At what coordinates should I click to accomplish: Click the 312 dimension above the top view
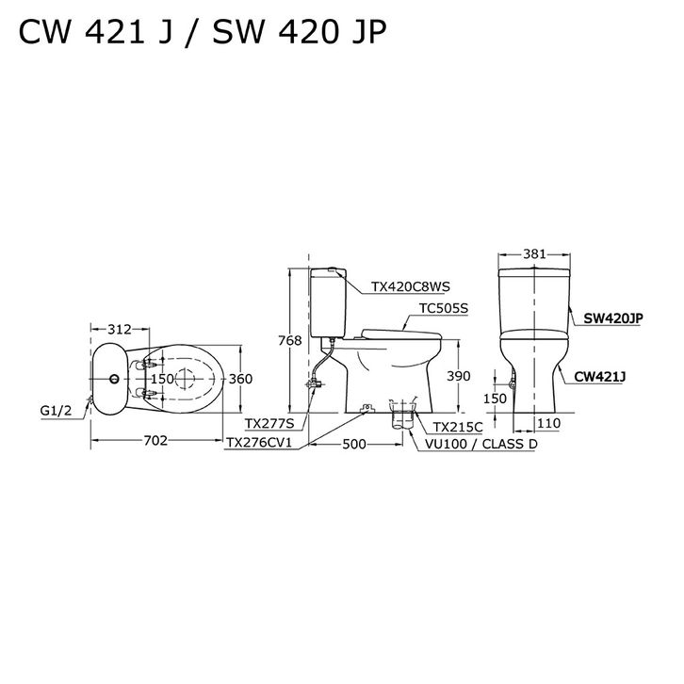click(x=119, y=330)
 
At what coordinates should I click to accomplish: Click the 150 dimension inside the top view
click(x=163, y=379)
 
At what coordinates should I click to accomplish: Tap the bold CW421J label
click(x=604, y=376)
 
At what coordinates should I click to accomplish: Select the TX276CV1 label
click(x=259, y=443)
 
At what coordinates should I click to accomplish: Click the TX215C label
click(x=458, y=427)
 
